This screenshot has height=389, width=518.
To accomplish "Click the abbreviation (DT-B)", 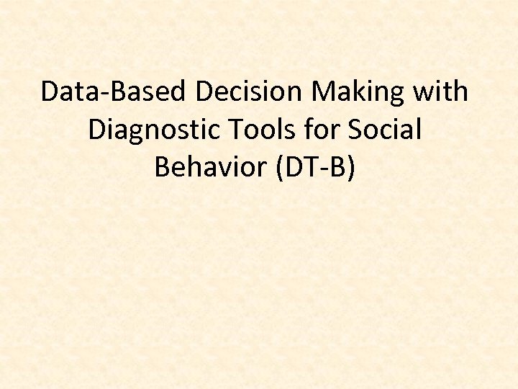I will tap(313, 168).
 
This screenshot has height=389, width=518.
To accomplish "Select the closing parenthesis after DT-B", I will tap(351, 169).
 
